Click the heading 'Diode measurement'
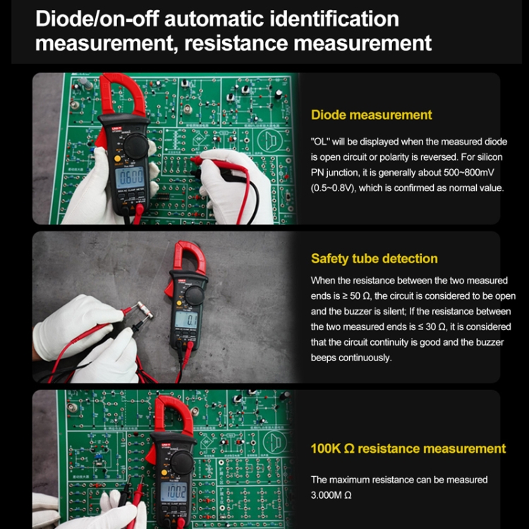[371, 115]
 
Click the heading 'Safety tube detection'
[374, 259]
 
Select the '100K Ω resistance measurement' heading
[408, 449]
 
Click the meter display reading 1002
[174, 492]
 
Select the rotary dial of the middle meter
[193, 294]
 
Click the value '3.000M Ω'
[332, 495]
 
